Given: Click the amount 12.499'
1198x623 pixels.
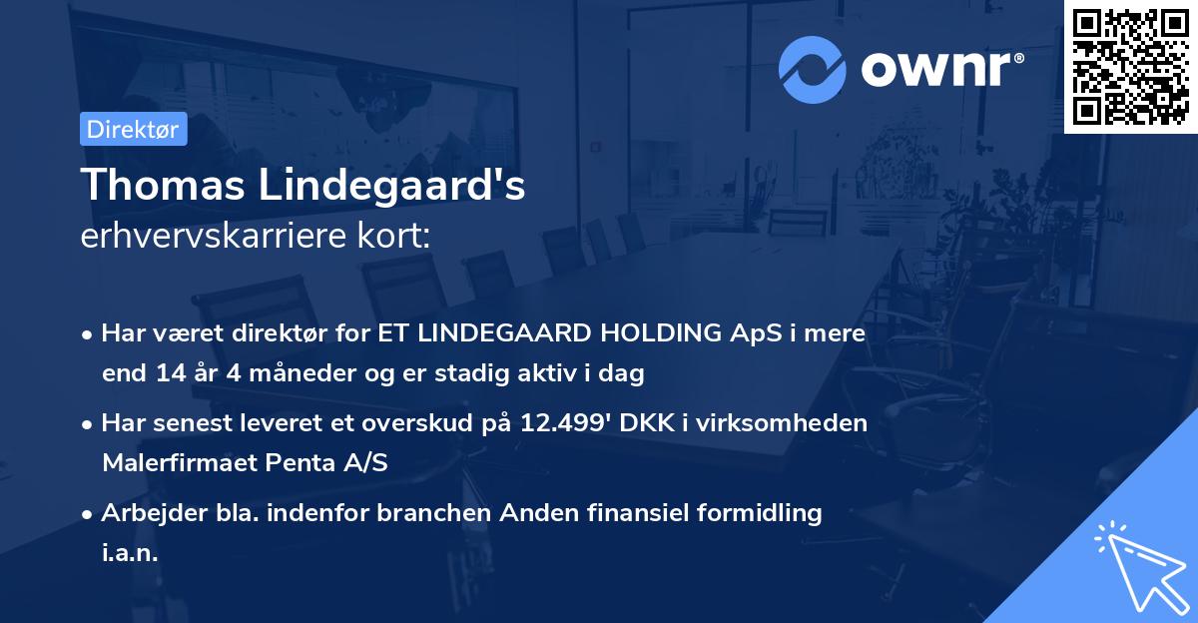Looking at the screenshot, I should pos(565,423).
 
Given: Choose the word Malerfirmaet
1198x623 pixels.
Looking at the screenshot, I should pos(180,463).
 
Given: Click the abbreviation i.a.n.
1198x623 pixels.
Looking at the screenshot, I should pos(130,553).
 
